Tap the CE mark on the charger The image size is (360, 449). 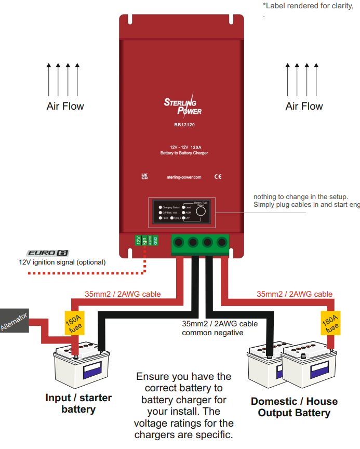[218, 177]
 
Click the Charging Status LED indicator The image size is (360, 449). [161, 207]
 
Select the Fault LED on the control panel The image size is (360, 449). [161, 218]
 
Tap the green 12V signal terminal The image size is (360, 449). [138, 240]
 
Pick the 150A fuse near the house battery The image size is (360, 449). [329, 323]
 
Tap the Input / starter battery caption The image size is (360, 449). [78, 403]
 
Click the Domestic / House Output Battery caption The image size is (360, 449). [294, 407]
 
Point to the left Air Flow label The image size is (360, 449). [65, 106]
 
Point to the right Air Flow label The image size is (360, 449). [304, 106]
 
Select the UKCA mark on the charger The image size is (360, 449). [144, 177]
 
